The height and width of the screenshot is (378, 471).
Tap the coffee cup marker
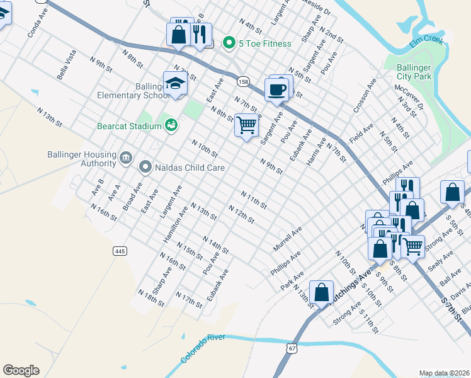coord(276,89)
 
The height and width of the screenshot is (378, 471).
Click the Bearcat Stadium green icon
coord(171,125)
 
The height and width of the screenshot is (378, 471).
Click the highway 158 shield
coord(242,81)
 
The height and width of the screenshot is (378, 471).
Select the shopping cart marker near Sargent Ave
coord(246,125)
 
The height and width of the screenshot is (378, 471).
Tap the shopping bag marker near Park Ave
coord(321,292)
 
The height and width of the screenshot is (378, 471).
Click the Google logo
coord(21,370)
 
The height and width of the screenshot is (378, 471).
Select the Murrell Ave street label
coord(288,239)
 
